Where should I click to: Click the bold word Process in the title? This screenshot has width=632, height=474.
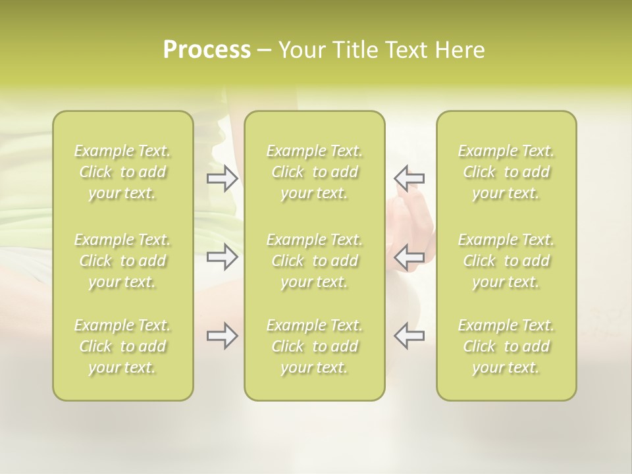pyautogui.click(x=207, y=50)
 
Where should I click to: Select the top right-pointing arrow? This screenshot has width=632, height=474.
pyautogui.click(x=223, y=178)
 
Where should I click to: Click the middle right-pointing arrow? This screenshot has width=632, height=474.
pyautogui.click(x=223, y=256)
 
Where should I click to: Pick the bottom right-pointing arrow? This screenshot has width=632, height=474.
pyautogui.click(x=223, y=336)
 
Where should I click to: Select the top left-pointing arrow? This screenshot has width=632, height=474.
pyautogui.click(x=409, y=178)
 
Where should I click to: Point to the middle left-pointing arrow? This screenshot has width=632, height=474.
pyautogui.click(x=409, y=256)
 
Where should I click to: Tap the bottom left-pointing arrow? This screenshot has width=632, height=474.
pyautogui.click(x=409, y=336)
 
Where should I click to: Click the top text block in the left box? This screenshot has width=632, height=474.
pyautogui.click(x=122, y=172)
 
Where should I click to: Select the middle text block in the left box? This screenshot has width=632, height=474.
pyautogui.click(x=122, y=261)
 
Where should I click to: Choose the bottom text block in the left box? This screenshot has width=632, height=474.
pyautogui.click(x=122, y=346)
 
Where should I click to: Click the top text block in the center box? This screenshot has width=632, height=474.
pyautogui.click(x=315, y=172)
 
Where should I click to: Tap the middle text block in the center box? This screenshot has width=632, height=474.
pyautogui.click(x=315, y=261)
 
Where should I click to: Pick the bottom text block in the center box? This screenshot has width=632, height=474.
pyautogui.click(x=315, y=346)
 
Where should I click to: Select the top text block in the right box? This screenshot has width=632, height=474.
pyautogui.click(x=506, y=172)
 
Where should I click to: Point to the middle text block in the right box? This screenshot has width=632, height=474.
pyautogui.click(x=506, y=261)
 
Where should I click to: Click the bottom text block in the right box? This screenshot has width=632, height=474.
pyautogui.click(x=506, y=346)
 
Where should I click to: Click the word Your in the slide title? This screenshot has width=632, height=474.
pyautogui.click(x=300, y=50)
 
